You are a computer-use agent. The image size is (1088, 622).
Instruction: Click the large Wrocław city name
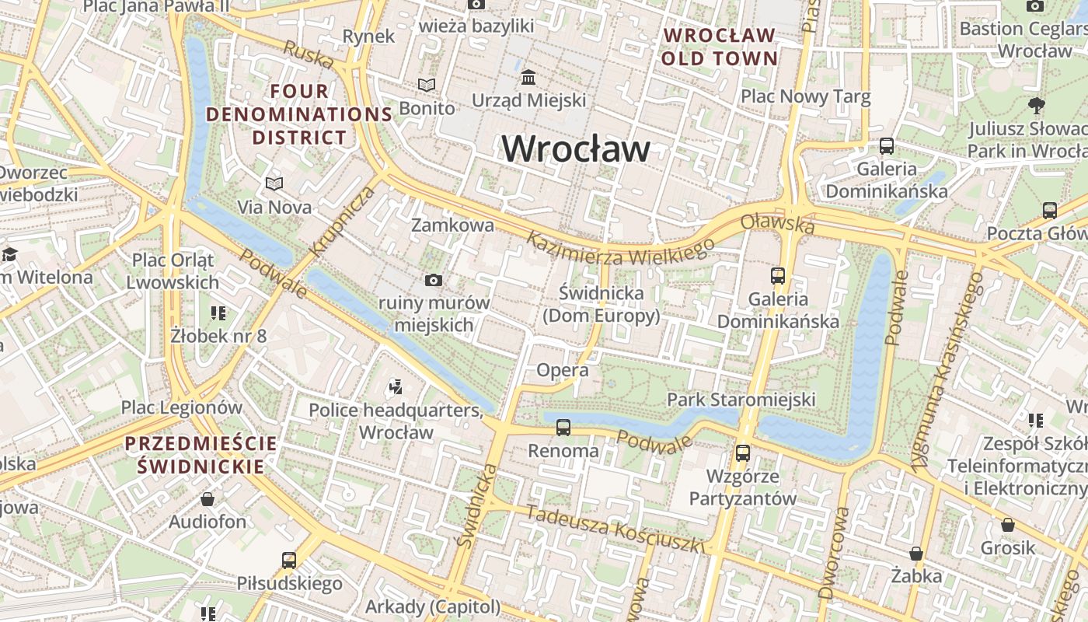coord(576,149)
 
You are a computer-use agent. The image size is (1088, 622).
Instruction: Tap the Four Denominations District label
coord(299,114)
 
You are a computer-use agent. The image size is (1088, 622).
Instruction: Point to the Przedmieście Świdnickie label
coord(201,455)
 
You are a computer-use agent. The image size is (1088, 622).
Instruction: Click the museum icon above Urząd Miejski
coord(529,77)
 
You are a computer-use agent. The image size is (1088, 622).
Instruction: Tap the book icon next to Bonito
coord(427,85)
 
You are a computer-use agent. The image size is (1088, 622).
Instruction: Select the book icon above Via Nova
coord(274,183)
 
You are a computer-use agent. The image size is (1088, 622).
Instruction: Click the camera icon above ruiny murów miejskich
coord(434,280)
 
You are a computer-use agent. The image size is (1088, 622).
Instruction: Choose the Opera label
coord(563,371)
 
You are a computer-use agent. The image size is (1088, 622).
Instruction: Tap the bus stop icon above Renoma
coord(563,427)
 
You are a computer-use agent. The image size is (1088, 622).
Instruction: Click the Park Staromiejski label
coord(741,400)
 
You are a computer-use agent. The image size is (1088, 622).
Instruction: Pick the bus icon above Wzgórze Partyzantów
coord(743,453)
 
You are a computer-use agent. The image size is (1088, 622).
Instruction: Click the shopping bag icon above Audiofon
coord(207,498)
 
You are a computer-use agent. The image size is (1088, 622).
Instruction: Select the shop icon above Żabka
coord(916,553)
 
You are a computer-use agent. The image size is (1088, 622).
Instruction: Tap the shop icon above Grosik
coord(1008,525)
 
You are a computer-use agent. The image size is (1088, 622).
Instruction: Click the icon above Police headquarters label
coord(396,386)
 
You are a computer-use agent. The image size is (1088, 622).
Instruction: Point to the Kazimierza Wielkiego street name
coord(620,250)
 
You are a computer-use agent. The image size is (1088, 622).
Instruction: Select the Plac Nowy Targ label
coord(805,96)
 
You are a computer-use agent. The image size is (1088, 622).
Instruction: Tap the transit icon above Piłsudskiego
coord(289,560)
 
